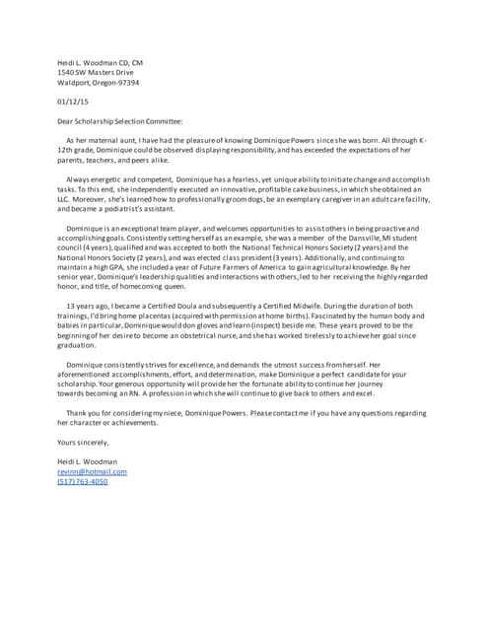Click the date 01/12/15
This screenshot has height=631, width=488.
72,102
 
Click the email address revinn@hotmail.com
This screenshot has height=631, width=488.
92,471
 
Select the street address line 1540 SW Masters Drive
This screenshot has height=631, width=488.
95,73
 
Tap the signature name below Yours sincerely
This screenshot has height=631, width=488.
87,461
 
